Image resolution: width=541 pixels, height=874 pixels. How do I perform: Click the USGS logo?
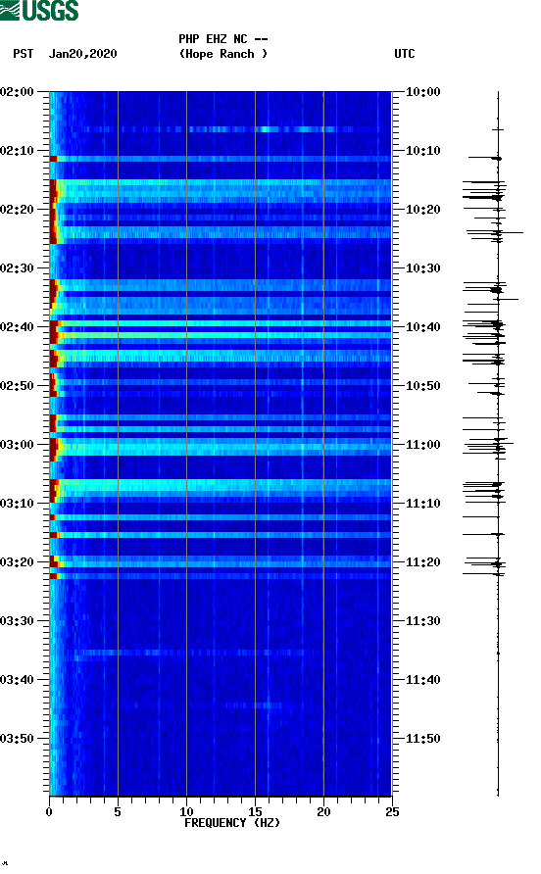[x=39, y=12]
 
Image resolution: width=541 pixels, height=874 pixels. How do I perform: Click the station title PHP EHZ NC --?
[x=223, y=39]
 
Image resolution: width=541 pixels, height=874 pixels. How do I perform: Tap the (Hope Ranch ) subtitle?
[x=223, y=54]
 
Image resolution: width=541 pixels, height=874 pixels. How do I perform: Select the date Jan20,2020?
[x=83, y=54]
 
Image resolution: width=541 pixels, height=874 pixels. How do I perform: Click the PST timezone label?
[x=24, y=54]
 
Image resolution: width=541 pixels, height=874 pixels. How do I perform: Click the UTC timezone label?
[x=405, y=54]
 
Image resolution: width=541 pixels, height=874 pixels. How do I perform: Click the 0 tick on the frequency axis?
[x=49, y=811]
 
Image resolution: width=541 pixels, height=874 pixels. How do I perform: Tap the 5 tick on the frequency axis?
[x=118, y=811]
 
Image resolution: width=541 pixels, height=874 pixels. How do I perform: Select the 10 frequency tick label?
[x=186, y=811]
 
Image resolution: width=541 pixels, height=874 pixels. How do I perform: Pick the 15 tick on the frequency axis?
[x=255, y=811]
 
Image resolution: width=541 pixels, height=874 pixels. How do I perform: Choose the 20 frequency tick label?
[x=323, y=811]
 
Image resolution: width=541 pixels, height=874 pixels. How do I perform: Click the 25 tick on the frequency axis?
[x=392, y=811]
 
